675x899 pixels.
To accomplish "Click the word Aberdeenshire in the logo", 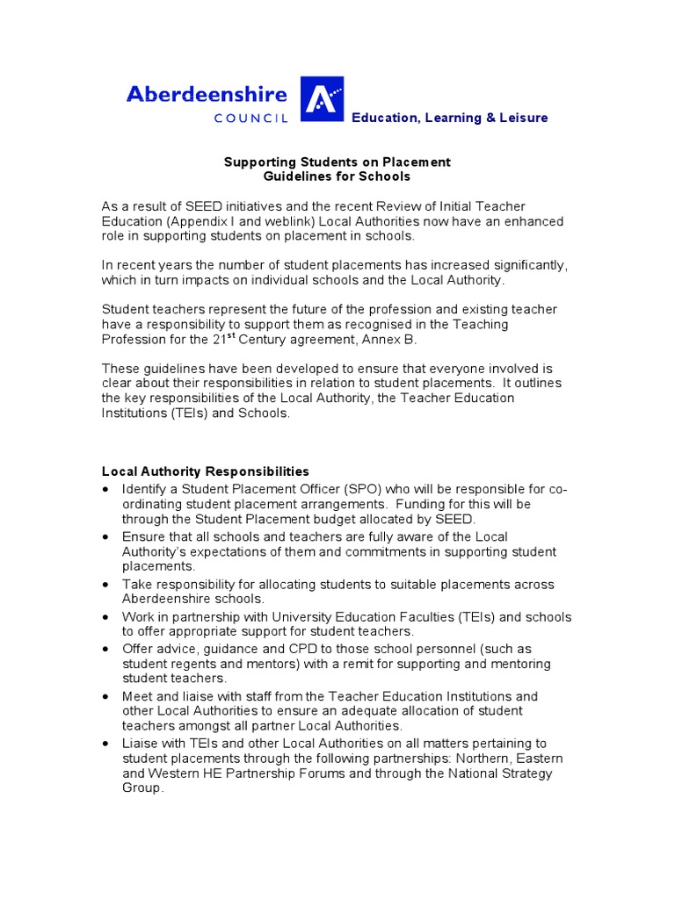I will coord(208,94).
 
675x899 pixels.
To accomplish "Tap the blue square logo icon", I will coord(323,98).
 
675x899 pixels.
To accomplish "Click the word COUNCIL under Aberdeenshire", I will coord(250,119).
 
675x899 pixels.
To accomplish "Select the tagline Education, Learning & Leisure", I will coord(449,118).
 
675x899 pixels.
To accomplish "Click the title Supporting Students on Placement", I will coord(337,162).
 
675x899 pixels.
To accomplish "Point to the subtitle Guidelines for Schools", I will coord(337,176).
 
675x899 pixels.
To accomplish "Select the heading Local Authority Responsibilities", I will coord(205,471).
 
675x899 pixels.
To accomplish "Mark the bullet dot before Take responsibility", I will coord(106,585).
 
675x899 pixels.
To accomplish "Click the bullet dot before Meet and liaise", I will coord(106,696).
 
